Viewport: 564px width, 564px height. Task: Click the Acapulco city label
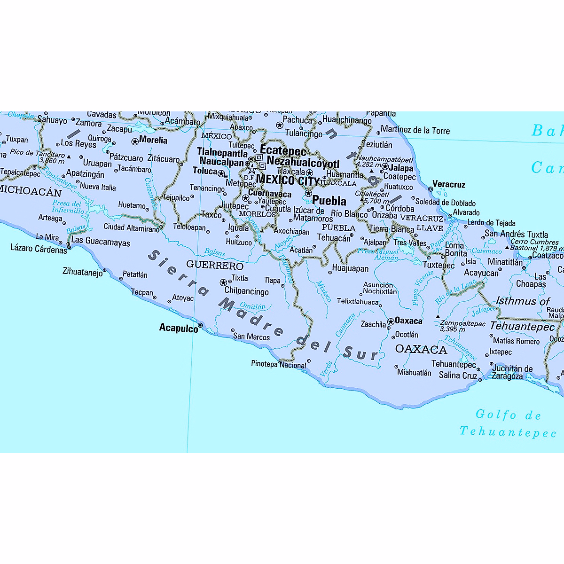(179, 328)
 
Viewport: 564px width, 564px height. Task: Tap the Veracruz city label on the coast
(448, 184)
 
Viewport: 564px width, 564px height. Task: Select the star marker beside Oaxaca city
(391, 322)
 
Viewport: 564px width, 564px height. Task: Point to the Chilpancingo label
(246, 291)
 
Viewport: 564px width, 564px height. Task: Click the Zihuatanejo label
(82, 272)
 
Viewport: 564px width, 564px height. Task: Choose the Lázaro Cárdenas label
(39, 249)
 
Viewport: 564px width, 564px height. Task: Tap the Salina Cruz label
(458, 375)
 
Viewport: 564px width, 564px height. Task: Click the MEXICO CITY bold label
(287, 180)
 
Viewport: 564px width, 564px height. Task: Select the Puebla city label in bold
(329, 201)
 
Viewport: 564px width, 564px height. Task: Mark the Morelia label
(153, 140)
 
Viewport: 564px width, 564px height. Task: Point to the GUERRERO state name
(215, 266)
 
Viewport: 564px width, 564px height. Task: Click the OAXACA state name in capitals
(421, 349)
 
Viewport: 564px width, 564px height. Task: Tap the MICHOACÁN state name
(31, 192)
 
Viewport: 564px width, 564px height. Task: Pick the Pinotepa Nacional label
(278, 364)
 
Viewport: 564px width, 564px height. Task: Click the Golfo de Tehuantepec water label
(508, 423)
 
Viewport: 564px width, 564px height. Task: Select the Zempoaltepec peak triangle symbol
(438, 316)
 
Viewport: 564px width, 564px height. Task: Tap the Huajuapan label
(350, 269)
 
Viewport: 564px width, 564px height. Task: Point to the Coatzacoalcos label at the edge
(548, 256)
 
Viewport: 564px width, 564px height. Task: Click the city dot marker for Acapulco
(200, 325)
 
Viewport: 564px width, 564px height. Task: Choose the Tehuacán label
(334, 238)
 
